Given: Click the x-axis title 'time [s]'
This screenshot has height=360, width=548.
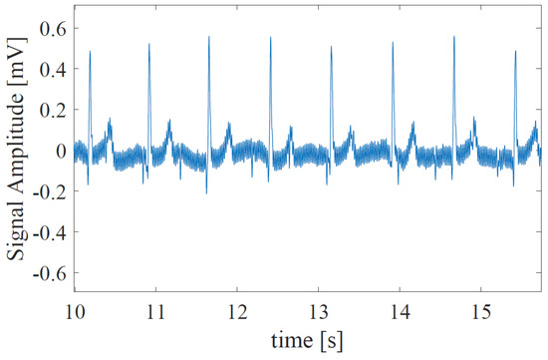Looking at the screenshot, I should pyautogui.click(x=307, y=340).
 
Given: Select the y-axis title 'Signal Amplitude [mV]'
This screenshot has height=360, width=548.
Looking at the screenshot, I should pyautogui.click(x=17, y=151).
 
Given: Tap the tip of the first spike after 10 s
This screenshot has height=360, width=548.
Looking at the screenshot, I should pyautogui.click(x=90, y=51).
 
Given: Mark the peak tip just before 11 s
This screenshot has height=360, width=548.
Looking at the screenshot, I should pyautogui.click(x=148, y=44).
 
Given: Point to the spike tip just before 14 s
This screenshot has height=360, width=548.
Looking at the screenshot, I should pyautogui.click(x=393, y=43).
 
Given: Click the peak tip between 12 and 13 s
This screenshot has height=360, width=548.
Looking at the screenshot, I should pyautogui.click(x=270, y=38).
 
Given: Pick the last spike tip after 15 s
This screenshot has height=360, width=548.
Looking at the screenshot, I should pyautogui.click(x=515, y=51).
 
